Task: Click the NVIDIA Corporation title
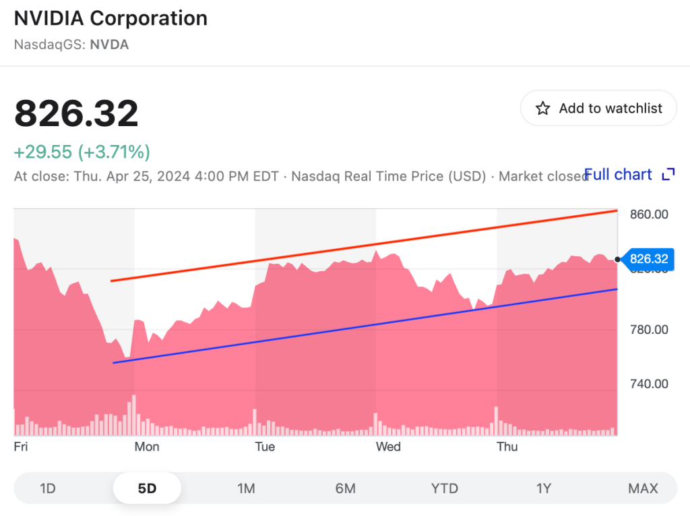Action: [x=111, y=18]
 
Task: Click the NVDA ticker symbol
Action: [x=109, y=45]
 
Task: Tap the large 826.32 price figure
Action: [x=76, y=113]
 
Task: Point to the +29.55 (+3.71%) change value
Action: [x=82, y=152]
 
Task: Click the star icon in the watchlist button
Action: [x=542, y=109]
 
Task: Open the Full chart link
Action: [x=619, y=175]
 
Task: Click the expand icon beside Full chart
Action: [x=668, y=175]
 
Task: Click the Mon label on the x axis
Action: [x=147, y=447]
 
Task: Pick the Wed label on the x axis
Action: [x=388, y=447]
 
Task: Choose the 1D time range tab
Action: [x=47, y=488]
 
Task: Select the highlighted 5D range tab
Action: [x=147, y=488]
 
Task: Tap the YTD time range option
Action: [x=445, y=488]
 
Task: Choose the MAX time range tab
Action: [x=643, y=488]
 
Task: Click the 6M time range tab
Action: [x=345, y=488]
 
